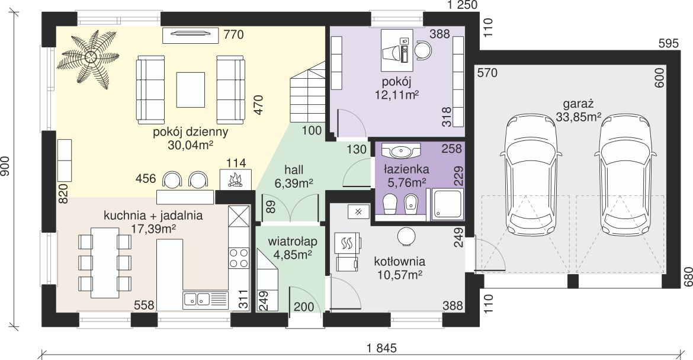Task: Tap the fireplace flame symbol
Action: pos(235,180)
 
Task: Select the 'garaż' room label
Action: pos(577,104)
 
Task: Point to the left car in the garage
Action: pos(531,175)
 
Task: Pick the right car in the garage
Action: pos(625,175)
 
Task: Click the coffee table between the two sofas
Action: pos(191,89)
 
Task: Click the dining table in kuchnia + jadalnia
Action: pos(105,263)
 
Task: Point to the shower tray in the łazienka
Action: pos(447,204)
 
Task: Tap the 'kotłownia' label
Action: pos(400,261)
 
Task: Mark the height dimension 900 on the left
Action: pos(5,166)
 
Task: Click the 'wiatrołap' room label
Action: pos(292,242)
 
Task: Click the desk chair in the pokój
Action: pos(423,50)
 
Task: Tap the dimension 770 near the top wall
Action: pos(233,34)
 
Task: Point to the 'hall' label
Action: pos(294,170)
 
